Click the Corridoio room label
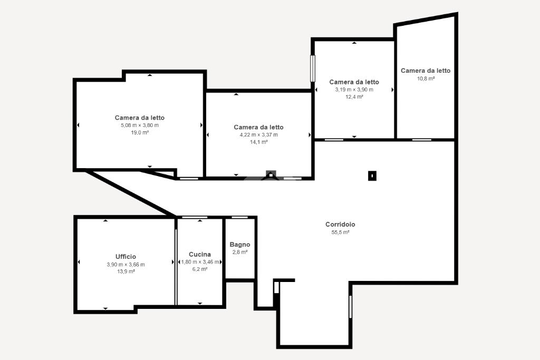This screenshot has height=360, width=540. (x=340, y=225)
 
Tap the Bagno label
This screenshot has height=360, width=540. (x=240, y=245)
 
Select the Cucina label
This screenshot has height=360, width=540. (x=200, y=255)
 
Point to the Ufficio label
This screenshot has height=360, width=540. (x=126, y=257)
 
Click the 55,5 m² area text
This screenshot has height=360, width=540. (x=340, y=232)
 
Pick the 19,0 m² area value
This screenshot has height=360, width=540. (x=139, y=132)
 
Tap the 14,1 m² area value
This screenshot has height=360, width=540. (x=258, y=142)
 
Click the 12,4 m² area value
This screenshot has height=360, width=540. (x=354, y=96)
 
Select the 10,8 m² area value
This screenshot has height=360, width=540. (x=426, y=79)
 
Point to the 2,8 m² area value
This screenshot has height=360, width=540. (x=240, y=252)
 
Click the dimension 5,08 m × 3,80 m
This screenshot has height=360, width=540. (x=139, y=125)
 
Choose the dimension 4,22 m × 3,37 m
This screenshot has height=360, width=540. (x=258, y=134)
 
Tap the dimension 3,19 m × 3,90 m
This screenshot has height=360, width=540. (x=354, y=90)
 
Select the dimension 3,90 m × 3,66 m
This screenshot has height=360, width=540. (x=126, y=265)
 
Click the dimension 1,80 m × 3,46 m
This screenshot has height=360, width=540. (x=200, y=262)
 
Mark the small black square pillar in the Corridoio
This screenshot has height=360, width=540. (x=372, y=176)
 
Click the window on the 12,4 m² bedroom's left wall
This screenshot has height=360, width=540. (x=313, y=69)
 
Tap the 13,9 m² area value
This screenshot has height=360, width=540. (x=126, y=271)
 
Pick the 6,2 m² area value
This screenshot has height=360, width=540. (x=200, y=269)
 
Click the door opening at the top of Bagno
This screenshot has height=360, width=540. (x=240, y=217)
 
